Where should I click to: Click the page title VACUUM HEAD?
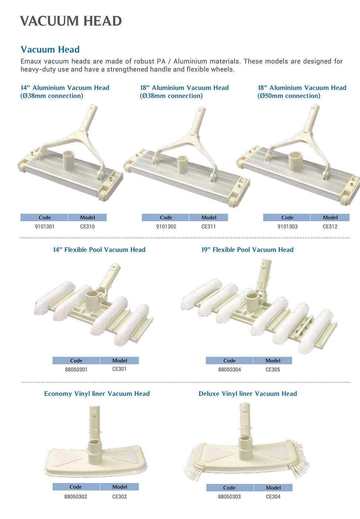pyautogui.click(x=71, y=21)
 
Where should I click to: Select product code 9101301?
pyautogui.click(x=45, y=226)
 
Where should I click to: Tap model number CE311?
pyautogui.click(x=208, y=226)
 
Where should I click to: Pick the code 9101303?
pyautogui.click(x=287, y=226)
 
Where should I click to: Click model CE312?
pyautogui.click(x=330, y=226)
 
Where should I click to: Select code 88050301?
pyautogui.click(x=76, y=370)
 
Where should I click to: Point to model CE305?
pyautogui.click(x=272, y=370)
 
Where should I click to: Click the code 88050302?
pyautogui.click(x=76, y=496)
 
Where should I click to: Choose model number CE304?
pyautogui.click(x=273, y=496)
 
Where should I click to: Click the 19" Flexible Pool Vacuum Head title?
pyautogui.click(x=247, y=250)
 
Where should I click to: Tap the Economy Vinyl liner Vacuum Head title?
pyautogui.click(x=97, y=394)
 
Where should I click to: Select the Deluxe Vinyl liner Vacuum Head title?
pyautogui.click(x=248, y=394)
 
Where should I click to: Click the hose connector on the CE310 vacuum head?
pyautogui.click(x=69, y=158)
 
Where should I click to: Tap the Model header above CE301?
pyautogui.click(x=120, y=361)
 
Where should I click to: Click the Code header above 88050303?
pyautogui.click(x=229, y=488)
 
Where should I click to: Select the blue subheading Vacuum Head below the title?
pyautogui.click(x=50, y=49)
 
